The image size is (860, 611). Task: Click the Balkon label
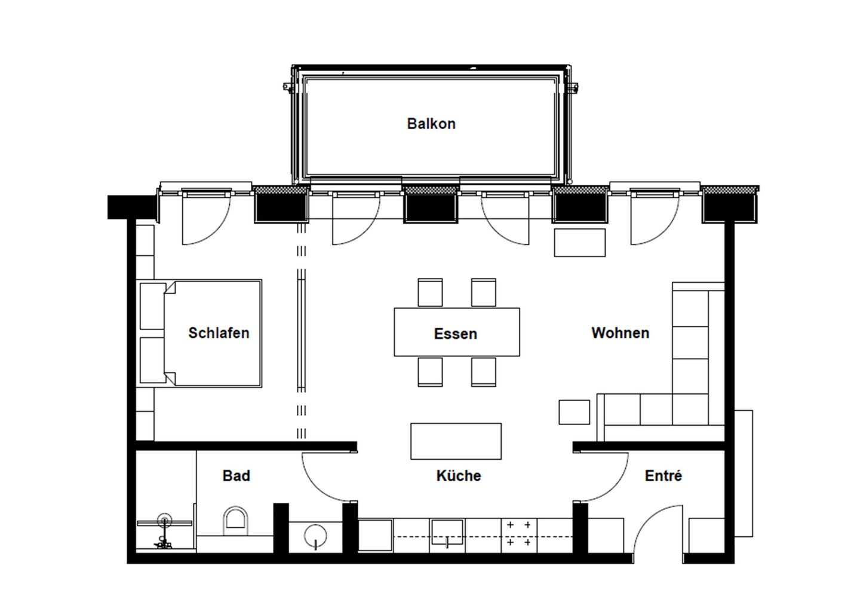pos(431,124)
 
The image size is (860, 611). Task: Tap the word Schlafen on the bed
pos(219,333)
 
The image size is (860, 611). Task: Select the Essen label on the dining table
pos(455,334)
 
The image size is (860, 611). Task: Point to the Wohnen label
pos(620,333)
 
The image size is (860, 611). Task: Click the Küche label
pos(458,476)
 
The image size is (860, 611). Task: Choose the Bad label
pos(236,476)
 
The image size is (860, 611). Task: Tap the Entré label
pos(663,476)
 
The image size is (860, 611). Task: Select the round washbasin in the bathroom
pos(315,536)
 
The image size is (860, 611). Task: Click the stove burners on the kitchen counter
pos(519,534)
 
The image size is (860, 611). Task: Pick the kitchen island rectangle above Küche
pos(456,441)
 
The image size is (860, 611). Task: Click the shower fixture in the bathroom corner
pos(164,529)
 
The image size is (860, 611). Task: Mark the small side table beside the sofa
pos(574,412)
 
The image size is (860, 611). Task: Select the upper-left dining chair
pos(430,292)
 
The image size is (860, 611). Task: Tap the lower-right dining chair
pos(483,372)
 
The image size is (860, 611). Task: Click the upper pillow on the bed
pos(153,306)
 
